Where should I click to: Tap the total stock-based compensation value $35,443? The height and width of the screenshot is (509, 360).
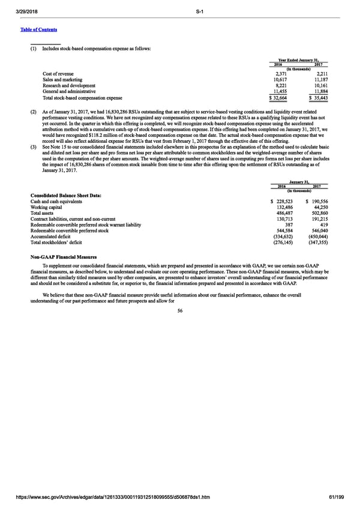point(315,98)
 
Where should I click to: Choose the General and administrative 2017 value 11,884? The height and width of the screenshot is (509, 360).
point(317,91)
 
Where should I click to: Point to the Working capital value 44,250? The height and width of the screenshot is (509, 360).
point(319,207)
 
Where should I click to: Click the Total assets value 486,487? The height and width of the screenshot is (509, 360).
point(281,213)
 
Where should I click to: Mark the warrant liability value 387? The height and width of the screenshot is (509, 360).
point(287,225)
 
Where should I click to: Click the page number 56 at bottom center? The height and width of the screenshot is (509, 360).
point(180,310)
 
